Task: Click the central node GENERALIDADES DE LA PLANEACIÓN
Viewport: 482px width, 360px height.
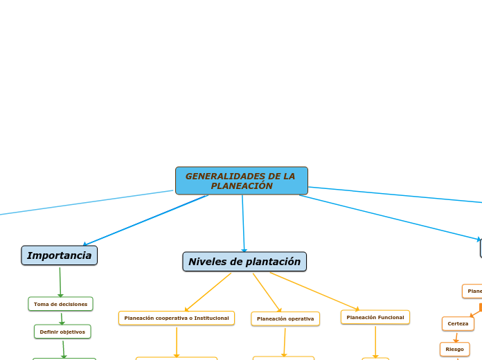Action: pos(241,181)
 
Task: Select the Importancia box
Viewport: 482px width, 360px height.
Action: pos(60,255)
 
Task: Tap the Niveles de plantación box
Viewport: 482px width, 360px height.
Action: pos(244,262)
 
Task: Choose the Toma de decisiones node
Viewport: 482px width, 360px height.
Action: pos(60,304)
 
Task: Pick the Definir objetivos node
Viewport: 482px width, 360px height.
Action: pos(62,332)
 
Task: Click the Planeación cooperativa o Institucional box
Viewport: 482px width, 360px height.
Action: pos(177,318)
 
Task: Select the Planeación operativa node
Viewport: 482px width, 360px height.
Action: pos(285,318)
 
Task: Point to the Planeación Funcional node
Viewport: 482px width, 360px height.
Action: pos(375,317)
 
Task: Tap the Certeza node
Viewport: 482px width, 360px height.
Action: pos(458,323)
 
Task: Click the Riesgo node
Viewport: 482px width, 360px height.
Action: pos(454,349)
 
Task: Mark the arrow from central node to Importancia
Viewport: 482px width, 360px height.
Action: pos(145,220)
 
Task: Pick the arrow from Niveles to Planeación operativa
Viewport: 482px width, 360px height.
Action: pos(267,292)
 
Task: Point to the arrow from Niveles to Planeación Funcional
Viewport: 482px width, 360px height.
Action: pos(314,291)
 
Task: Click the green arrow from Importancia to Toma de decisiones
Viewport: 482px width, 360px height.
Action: pos(60,282)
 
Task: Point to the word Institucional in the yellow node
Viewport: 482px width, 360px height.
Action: pos(207,318)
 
